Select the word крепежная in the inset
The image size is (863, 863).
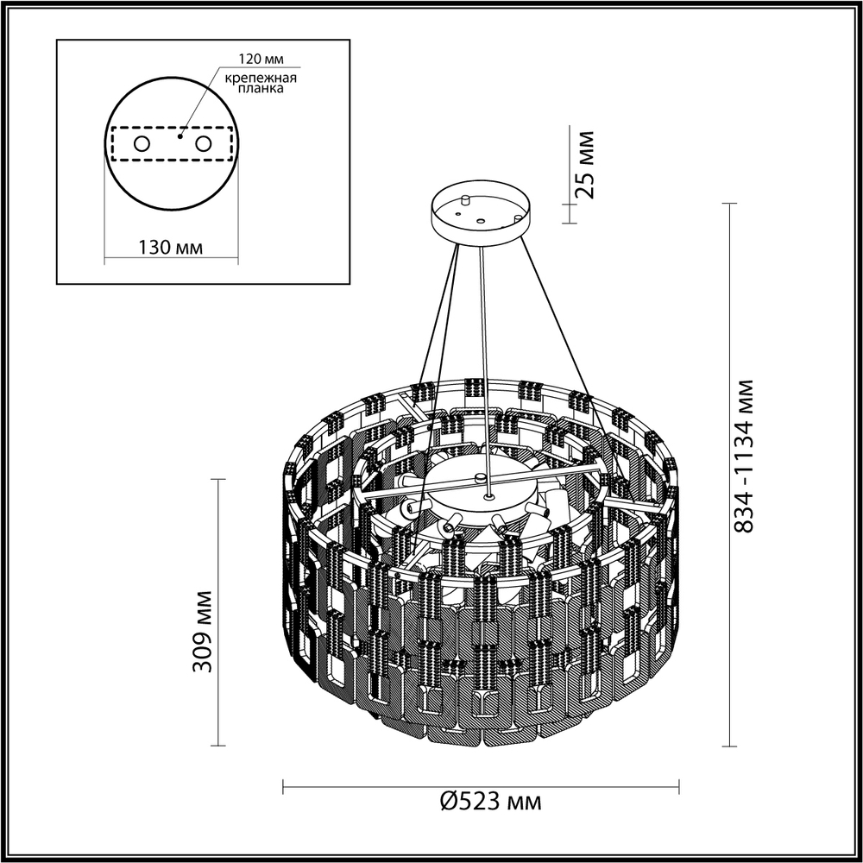point(261,78)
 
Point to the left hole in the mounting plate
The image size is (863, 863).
point(142,143)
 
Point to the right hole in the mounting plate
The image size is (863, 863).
point(204,143)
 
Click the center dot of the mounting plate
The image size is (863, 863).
point(180,135)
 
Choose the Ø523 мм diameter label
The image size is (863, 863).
point(490,803)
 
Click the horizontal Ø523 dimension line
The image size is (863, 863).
point(388,785)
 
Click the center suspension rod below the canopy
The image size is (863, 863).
point(485,362)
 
